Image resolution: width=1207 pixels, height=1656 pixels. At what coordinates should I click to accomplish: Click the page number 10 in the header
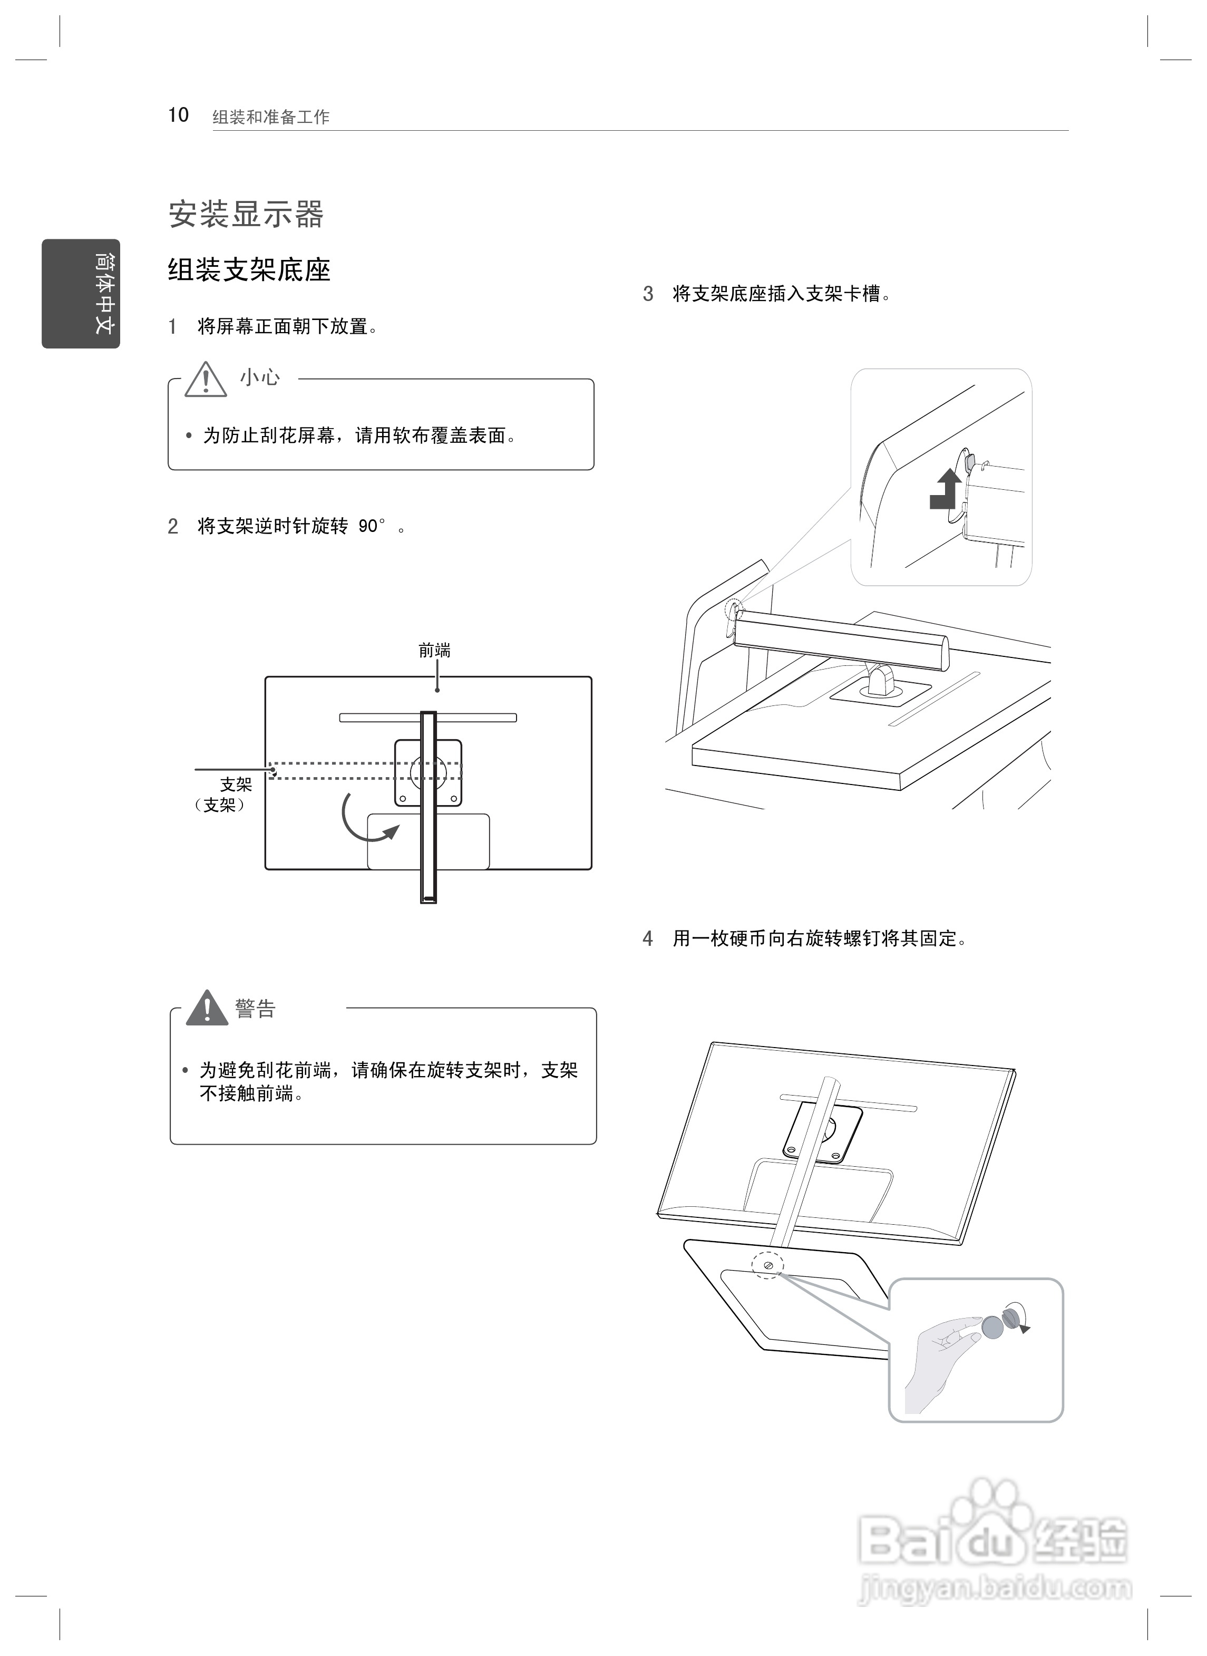tap(178, 115)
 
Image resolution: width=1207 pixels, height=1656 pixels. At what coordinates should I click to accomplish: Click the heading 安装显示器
tap(246, 214)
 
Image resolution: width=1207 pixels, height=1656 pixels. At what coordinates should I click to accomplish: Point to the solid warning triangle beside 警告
tap(207, 1009)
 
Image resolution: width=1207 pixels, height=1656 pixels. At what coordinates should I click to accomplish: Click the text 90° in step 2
tap(371, 526)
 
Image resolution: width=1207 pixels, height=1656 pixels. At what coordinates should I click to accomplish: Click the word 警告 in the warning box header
tap(255, 1009)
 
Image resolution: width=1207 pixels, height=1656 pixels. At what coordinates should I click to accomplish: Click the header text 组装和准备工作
tap(271, 117)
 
